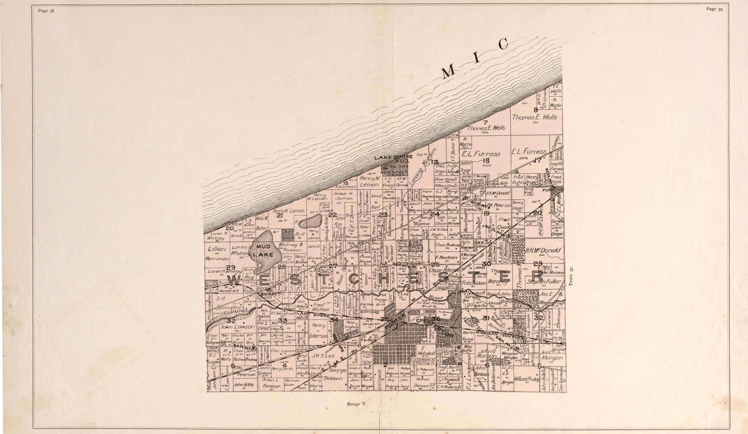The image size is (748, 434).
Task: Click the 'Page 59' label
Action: tap(714, 9)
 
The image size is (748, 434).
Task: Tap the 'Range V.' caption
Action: tap(357, 404)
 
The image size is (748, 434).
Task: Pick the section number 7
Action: tap(486, 122)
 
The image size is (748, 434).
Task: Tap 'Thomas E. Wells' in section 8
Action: tap(534, 117)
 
